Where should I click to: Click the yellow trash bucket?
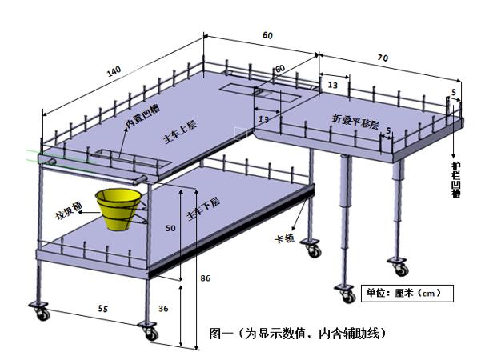click(x=119, y=208)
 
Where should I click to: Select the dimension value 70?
click(x=383, y=58)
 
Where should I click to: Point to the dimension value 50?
click(x=170, y=228)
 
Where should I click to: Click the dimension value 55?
click(x=103, y=307)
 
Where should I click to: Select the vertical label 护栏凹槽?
click(x=455, y=177)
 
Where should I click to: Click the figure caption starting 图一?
click(x=297, y=331)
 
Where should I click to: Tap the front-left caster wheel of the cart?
click(x=38, y=310)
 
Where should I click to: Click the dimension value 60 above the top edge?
click(x=267, y=35)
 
